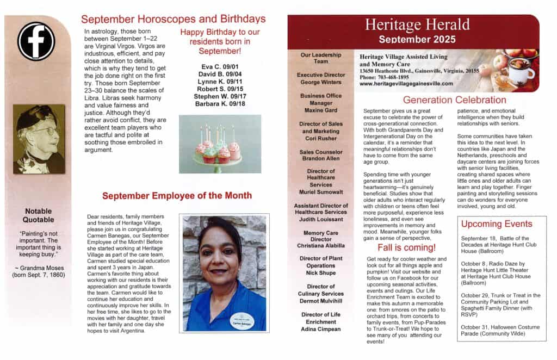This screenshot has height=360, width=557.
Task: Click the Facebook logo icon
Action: coord(36,41)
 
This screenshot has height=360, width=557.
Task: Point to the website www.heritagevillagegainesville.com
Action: coord(406,84)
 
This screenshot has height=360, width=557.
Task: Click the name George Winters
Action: coord(321,82)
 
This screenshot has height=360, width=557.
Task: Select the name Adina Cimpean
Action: coord(321,329)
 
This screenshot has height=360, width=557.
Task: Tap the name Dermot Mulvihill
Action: coord(321,301)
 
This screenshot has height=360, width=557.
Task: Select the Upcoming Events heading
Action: coord(496,224)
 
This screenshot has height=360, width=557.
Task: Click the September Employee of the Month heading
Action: coord(177,196)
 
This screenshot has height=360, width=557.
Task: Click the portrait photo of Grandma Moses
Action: coord(39,139)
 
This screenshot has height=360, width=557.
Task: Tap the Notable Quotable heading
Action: coord(38,215)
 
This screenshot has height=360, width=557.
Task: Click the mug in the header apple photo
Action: coord(520,72)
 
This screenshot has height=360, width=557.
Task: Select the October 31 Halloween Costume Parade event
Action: coord(500,330)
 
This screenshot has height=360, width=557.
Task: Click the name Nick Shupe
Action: coord(321,272)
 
